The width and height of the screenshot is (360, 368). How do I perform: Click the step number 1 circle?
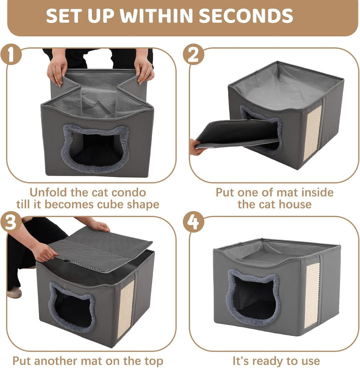(x=11, y=54)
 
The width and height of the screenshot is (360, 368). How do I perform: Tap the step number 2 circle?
(x=193, y=54)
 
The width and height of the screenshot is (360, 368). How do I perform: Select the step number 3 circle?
(x=11, y=222)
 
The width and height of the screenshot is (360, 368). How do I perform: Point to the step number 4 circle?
(x=193, y=222)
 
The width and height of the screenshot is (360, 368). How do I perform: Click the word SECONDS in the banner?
(x=245, y=15)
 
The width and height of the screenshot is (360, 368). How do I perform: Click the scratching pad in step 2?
(x=312, y=133)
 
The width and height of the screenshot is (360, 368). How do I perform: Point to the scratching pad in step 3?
(x=125, y=309)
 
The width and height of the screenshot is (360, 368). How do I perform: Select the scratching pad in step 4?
(x=312, y=295)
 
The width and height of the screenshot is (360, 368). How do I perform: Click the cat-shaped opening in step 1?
(x=95, y=148)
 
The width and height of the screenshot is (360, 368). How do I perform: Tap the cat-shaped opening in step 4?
(x=253, y=297)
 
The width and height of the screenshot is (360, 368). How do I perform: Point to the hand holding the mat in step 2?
(x=197, y=147)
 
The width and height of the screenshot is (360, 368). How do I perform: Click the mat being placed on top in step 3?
(x=100, y=249)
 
